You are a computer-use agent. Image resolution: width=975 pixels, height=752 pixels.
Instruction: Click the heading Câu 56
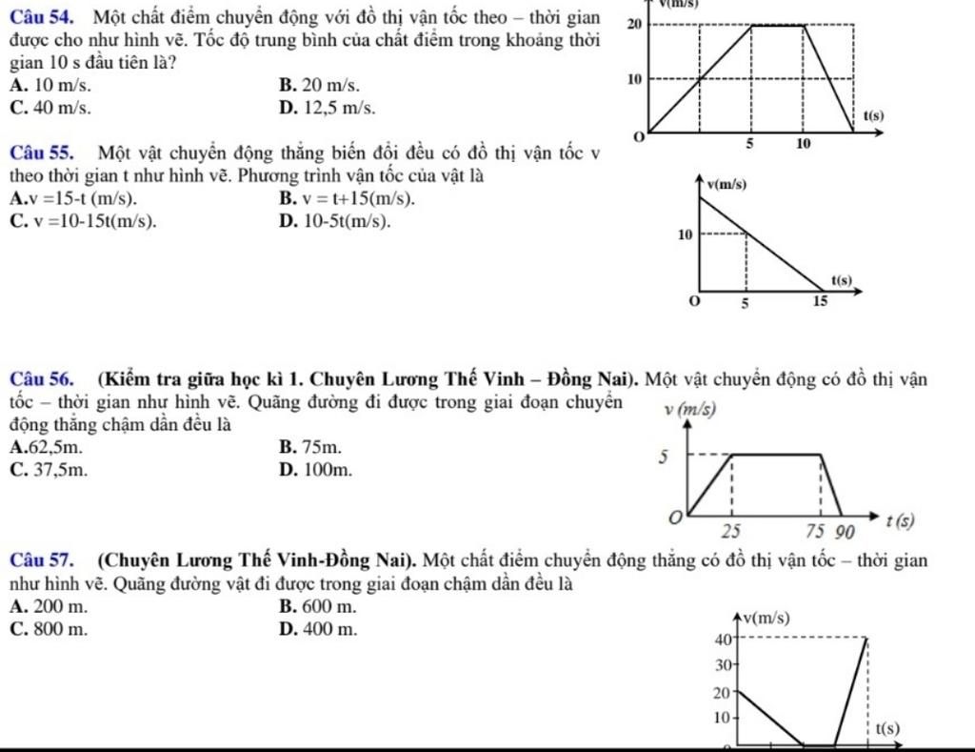click(x=47, y=380)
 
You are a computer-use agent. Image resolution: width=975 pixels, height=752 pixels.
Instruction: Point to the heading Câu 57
click(x=47, y=558)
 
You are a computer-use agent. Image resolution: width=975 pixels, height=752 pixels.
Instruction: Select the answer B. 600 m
click(x=318, y=605)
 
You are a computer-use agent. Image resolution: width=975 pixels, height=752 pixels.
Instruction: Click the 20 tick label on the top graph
click(x=635, y=23)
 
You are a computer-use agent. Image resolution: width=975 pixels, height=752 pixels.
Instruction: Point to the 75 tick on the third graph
click(x=814, y=529)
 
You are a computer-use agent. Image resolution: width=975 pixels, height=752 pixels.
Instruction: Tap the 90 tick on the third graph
click(x=845, y=529)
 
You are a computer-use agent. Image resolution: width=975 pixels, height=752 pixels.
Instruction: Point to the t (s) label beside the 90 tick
click(x=899, y=521)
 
